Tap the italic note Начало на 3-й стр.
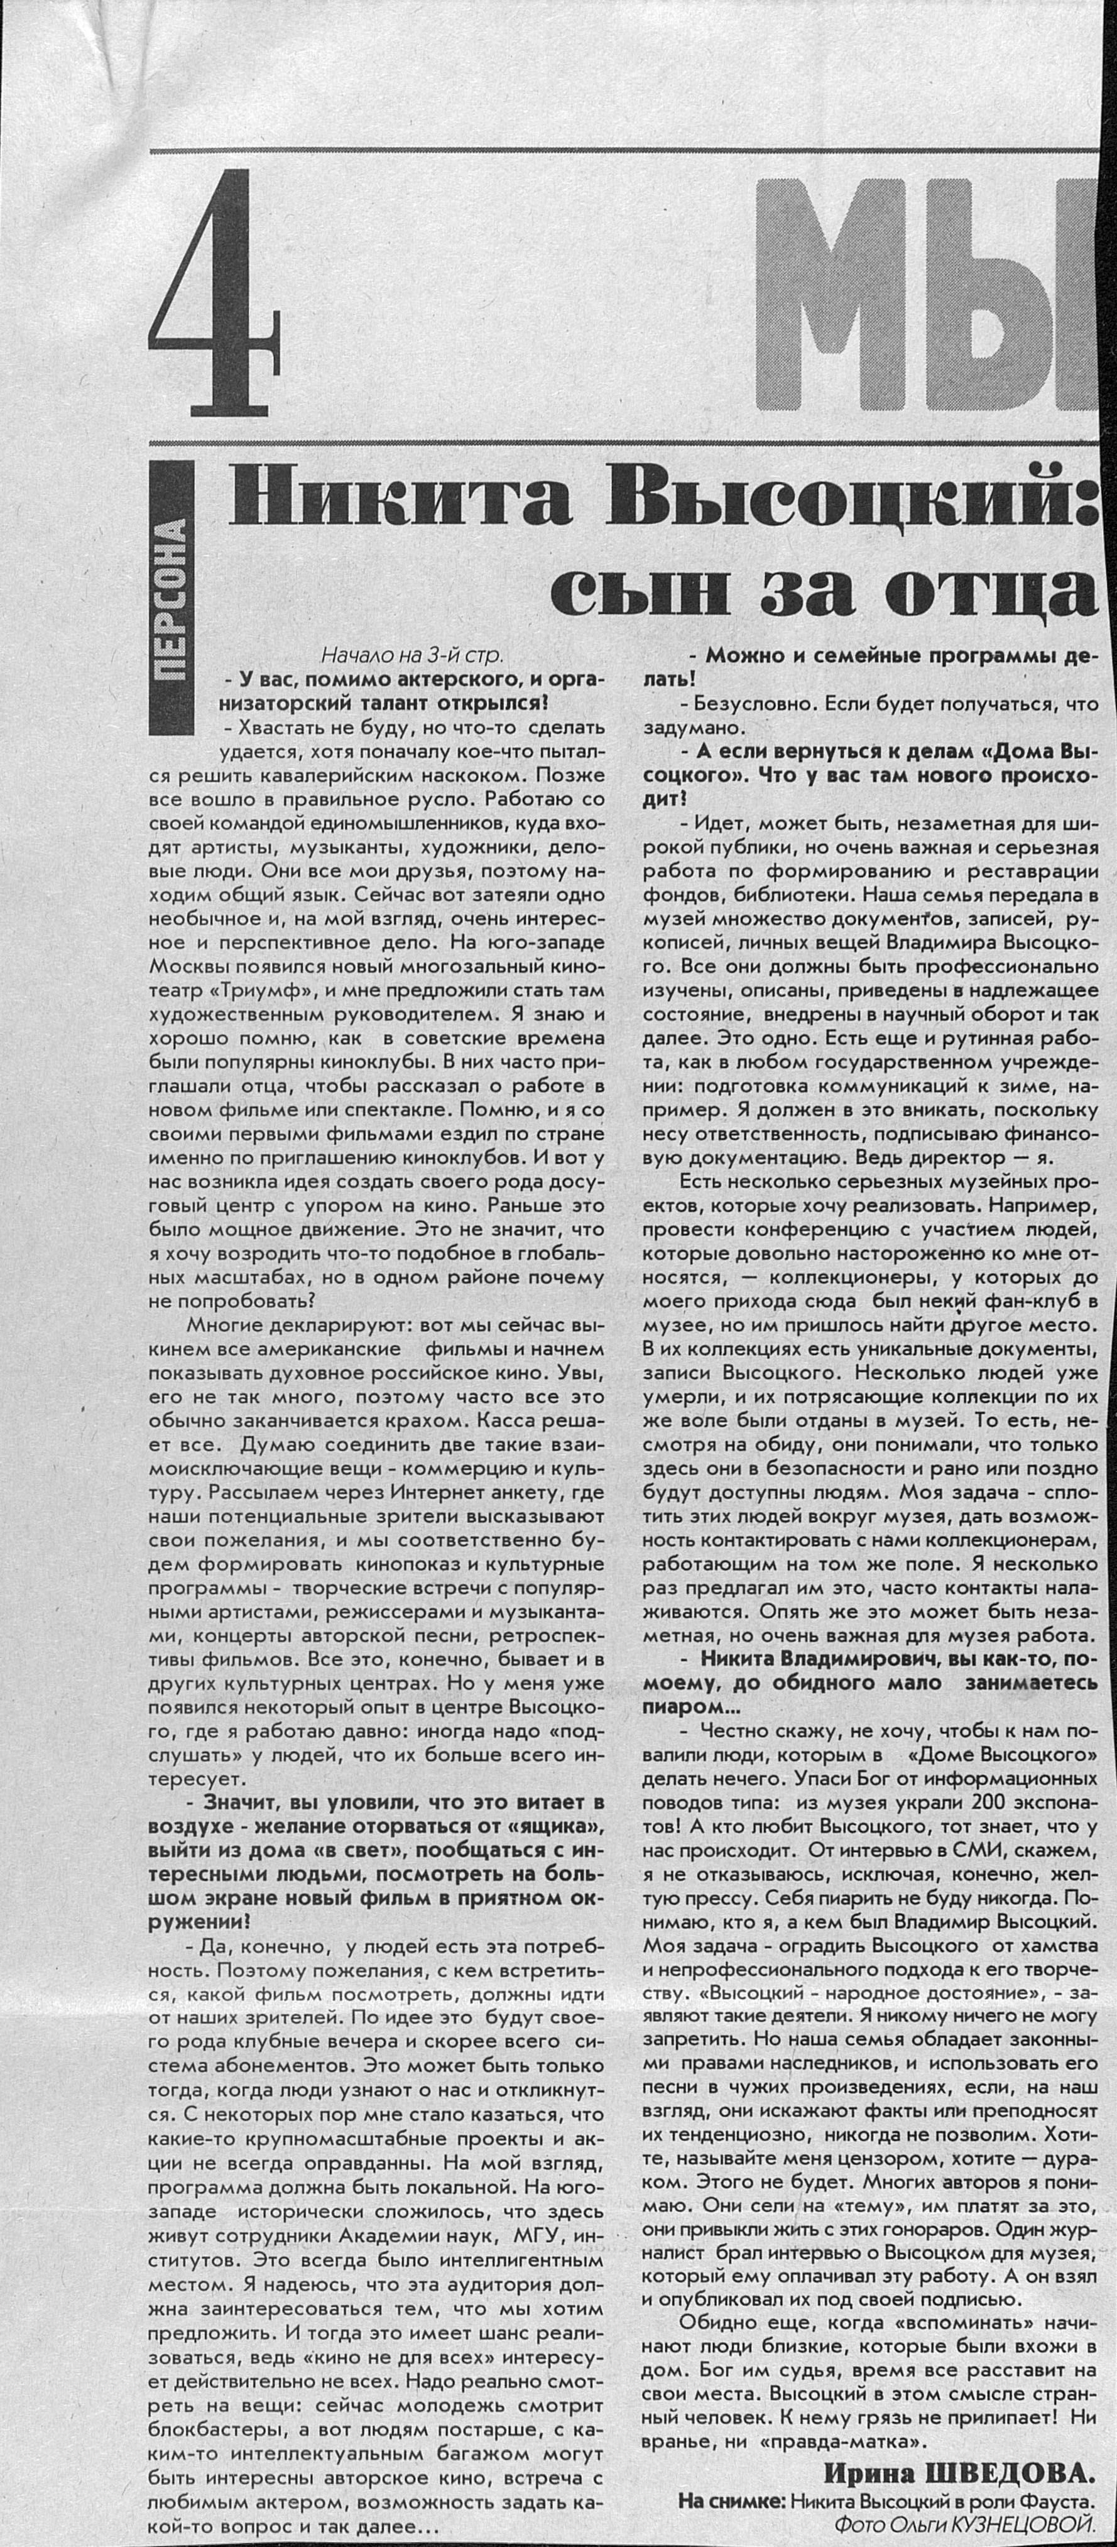pyautogui.click(x=412, y=655)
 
